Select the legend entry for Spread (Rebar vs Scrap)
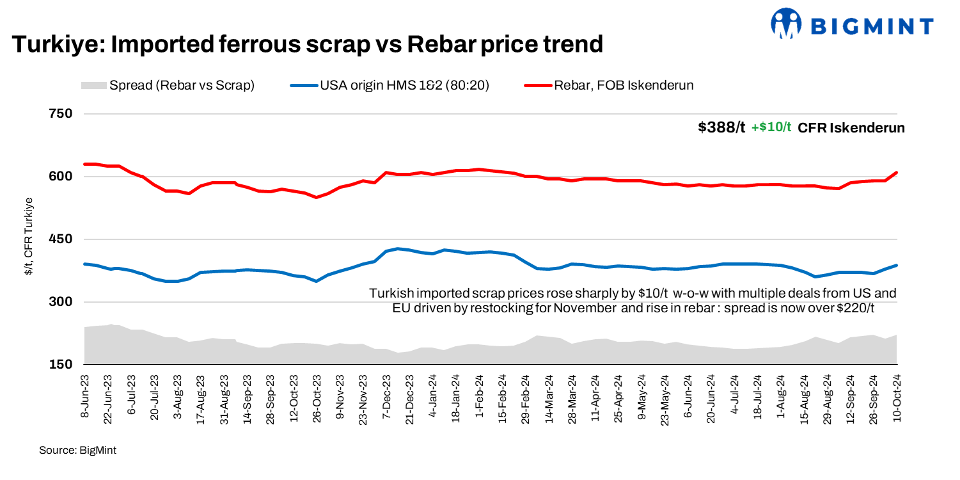click(168, 85)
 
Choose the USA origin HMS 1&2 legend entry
click(390, 85)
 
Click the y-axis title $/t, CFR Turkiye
click(29, 237)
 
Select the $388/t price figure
click(721, 127)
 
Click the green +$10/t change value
click(771, 127)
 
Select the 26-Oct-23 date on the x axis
click(316, 394)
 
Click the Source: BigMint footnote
click(77, 451)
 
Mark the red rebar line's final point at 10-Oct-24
click(897, 173)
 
